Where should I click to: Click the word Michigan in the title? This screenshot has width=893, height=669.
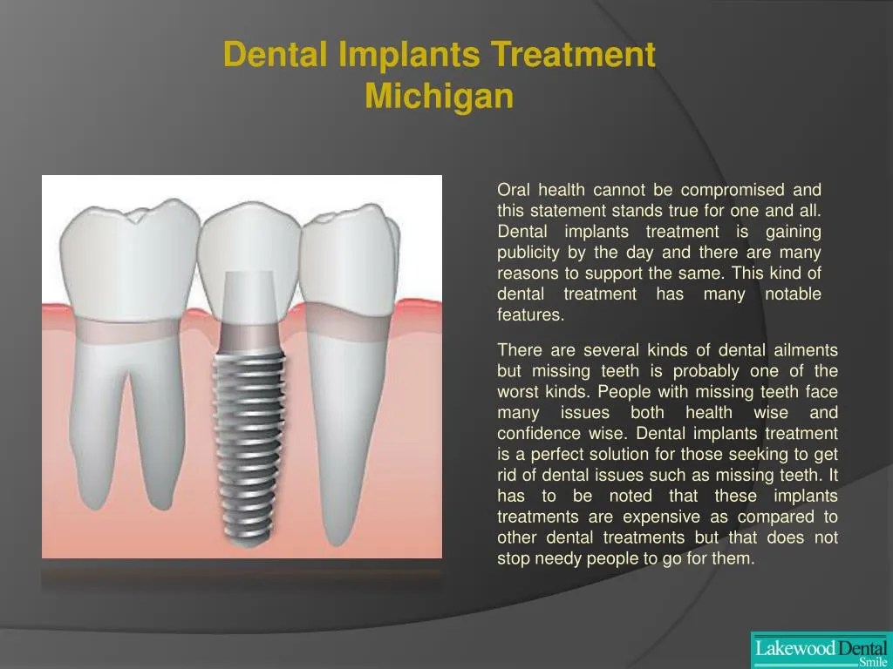[439, 96]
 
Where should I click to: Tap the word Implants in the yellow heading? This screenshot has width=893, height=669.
[407, 55]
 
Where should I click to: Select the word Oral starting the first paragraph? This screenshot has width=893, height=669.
[514, 190]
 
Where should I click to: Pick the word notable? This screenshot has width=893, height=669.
[792, 294]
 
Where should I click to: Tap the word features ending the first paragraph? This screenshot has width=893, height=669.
[530, 315]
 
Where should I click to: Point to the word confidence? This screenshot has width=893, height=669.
[537, 434]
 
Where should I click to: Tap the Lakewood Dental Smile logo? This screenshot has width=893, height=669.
[821, 650]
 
